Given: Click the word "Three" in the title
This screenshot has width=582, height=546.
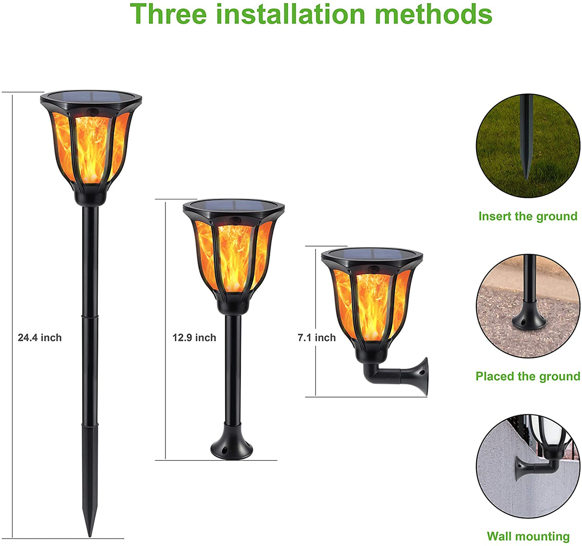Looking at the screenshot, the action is [168, 14].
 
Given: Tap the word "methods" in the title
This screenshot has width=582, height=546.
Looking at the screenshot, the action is [433, 14].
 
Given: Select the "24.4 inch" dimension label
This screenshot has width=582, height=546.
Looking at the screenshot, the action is [39, 337].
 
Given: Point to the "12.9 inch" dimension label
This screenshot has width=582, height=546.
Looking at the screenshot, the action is [194, 337].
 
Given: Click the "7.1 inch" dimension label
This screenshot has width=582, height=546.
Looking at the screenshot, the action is [317, 337].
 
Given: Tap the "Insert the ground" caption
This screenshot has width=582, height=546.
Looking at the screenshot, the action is [528, 216].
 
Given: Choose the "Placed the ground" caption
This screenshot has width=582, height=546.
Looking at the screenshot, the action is [528, 376].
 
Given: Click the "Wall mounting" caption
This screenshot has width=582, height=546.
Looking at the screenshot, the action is [528, 536].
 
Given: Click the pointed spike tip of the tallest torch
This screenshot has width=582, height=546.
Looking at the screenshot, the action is [90, 536].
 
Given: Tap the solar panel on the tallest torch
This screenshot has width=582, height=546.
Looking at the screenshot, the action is [91, 97].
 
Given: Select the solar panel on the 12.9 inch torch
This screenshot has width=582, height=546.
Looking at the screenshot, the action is [234, 204].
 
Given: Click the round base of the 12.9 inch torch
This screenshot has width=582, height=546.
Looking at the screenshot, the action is [232, 449].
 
